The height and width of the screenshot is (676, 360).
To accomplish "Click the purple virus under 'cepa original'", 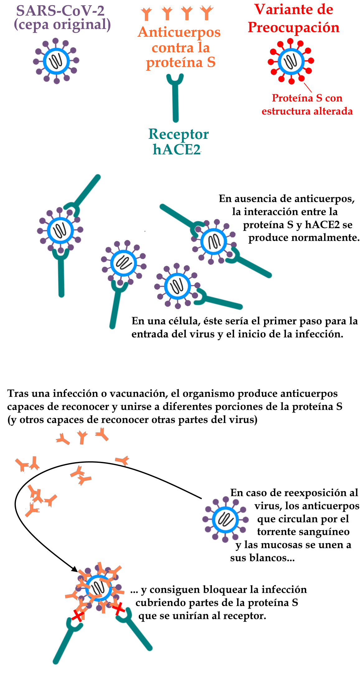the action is click(x=56, y=61).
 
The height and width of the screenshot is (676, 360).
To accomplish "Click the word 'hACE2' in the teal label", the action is click(x=177, y=149).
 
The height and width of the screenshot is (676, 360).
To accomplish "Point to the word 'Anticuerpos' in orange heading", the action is click(x=179, y=32).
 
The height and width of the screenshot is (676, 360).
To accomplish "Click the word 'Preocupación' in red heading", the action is click(x=293, y=27).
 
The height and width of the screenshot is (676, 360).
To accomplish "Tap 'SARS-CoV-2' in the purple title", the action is click(x=60, y=11).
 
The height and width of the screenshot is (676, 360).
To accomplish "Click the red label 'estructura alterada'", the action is click(x=307, y=111).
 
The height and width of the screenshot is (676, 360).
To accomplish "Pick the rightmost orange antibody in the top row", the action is click(x=206, y=13).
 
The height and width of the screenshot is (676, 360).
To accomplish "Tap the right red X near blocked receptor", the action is click(x=118, y=609).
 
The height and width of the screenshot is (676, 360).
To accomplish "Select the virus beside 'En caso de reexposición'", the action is click(x=225, y=520).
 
